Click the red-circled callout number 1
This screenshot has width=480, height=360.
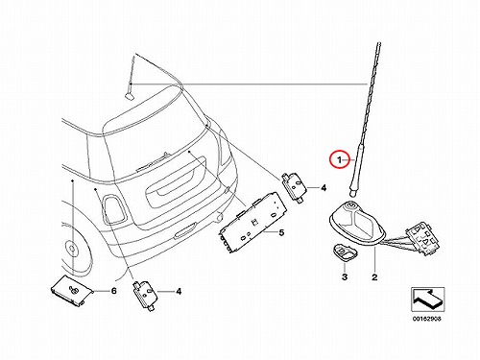coord(339,159)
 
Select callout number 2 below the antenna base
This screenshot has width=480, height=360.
coord(374,276)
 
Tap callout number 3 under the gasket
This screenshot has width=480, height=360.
coord(345,276)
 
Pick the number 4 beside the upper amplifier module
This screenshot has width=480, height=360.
coord(324,187)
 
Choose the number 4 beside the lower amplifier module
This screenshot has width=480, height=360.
coord(179,291)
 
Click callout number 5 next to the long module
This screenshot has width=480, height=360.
coord(281,232)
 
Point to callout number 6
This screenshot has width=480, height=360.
coord(113,291)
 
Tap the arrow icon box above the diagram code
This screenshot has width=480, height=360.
coord(428,300)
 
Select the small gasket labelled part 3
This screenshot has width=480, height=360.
coord(344,252)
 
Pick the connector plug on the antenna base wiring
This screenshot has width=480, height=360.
coord(421,240)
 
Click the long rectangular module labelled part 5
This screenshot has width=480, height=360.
coord(252,223)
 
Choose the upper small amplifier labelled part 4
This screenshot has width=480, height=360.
coord(294,187)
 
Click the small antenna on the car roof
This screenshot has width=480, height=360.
coord(131,79)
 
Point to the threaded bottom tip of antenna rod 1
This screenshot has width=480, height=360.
coord(351,193)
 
